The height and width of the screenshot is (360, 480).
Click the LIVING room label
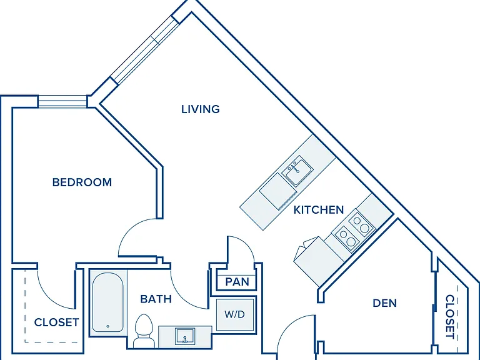tap(201, 109)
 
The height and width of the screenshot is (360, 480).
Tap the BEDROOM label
tap(82, 182)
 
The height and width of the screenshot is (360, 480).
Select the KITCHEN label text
tap(319, 210)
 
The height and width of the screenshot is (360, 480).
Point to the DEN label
tap(385, 303)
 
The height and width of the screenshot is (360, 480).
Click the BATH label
tap(156, 299)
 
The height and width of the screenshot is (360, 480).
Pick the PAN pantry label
tap(237, 282)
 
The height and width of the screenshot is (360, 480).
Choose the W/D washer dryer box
tap(235, 314)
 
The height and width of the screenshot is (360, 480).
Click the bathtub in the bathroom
tap(107, 302)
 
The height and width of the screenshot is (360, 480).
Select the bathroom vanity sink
tap(185, 336)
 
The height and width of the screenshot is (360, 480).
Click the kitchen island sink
tap(297, 170)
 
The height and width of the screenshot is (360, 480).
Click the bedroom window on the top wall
tap(62, 101)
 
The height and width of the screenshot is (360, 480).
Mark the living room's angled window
tap(145, 50)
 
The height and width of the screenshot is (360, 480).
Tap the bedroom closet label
tap(57, 322)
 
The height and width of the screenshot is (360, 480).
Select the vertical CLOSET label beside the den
tap(450, 316)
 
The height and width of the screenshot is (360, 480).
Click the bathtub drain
tap(107, 326)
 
